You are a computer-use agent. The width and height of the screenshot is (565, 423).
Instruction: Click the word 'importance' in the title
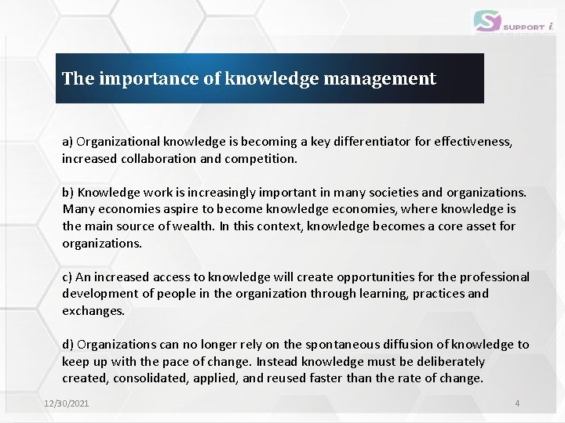pyautogui.click(x=135, y=78)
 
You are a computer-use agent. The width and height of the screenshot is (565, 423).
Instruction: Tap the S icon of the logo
pyautogui.click(x=487, y=21)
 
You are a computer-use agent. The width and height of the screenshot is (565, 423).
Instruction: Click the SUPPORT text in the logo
pyautogui.click(x=525, y=26)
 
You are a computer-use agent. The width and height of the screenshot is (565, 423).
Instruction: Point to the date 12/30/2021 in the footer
pyautogui.click(x=66, y=403)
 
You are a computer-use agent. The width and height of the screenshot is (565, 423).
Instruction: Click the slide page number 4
pyautogui.click(x=517, y=403)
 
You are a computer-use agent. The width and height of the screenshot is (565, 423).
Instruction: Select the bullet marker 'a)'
pyautogui.click(x=67, y=142)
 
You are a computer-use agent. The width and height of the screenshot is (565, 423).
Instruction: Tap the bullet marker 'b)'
pyautogui.click(x=68, y=193)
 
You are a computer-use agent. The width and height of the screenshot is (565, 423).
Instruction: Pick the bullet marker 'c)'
pyautogui.click(x=67, y=277)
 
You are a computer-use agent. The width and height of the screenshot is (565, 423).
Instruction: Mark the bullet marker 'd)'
pyautogui.click(x=68, y=345)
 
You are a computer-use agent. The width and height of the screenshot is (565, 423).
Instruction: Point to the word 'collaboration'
pyautogui.click(x=157, y=158)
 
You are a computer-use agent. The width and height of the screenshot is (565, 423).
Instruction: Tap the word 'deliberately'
pyautogui.click(x=445, y=362)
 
